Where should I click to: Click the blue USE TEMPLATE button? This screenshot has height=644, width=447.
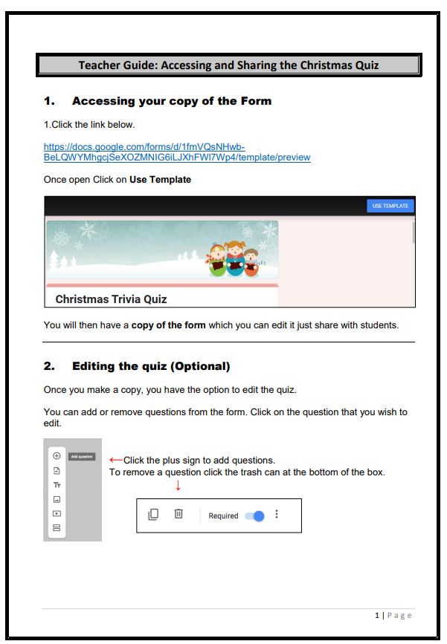click(390, 206)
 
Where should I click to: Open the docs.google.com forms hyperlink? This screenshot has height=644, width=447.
click(176, 152)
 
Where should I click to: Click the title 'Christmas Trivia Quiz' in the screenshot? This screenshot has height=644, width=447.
click(111, 299)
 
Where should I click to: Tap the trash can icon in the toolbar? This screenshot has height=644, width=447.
click(179, 514)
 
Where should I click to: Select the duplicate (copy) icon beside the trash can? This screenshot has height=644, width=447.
click(153, 514)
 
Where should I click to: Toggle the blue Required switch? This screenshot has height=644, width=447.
click(254, 515)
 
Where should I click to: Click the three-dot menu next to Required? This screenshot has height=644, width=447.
click(277, 514)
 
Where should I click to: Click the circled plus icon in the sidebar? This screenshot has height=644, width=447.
click(57, 456)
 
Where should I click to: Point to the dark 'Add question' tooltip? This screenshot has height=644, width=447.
click(82, 456)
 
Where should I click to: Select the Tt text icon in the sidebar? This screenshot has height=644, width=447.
click(57, 484)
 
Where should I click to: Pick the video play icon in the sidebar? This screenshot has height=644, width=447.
click(57, 513)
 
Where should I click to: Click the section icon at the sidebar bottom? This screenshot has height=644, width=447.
click(57, 528)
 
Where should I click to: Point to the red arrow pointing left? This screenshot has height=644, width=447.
click(115, 460)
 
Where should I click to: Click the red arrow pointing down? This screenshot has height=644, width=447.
click(178, 486)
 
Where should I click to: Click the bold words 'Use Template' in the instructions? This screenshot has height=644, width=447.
click(160, 180)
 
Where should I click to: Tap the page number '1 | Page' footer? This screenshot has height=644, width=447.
click(393, 615)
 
